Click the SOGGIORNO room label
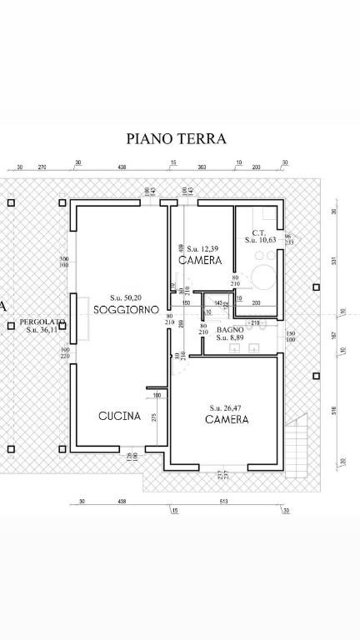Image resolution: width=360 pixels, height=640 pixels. coord(126,309)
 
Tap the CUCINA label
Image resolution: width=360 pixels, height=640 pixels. coord(119,417)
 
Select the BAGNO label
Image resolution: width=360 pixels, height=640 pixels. coord(230,329)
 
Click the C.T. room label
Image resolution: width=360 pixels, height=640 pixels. coord(259,232)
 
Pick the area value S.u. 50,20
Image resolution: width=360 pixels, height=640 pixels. coord(127,297)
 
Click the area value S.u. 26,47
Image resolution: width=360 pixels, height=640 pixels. coord(226,408)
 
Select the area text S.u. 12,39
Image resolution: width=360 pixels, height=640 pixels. coord(202,249)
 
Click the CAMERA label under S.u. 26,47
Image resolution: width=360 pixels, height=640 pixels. coord(226,420)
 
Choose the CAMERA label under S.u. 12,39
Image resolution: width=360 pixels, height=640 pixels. coord(201,260)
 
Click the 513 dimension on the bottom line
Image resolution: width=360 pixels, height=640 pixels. coord(223,502)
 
